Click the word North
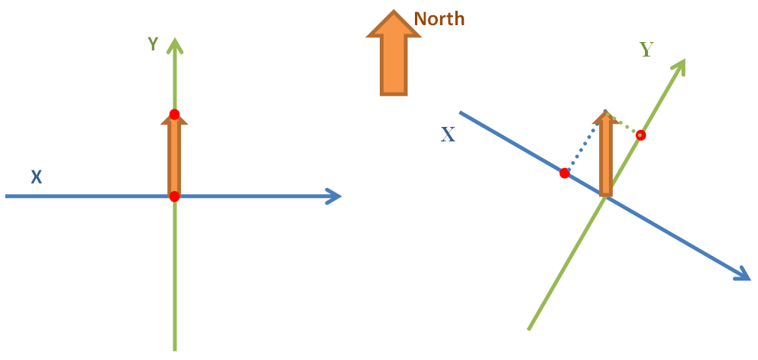(x=439, y=19)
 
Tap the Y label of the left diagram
(x=154, y=44)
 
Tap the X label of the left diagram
(x=36, y=177)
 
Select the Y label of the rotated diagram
(x=646, y=50)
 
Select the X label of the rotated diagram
(x=448, y=135)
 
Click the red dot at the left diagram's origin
(x=174, y=196)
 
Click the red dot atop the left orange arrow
(x=174, y=115)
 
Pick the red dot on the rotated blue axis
(x=564, y=174)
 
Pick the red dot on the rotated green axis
(x=640, y=135)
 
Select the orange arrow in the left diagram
(x=174, y=155)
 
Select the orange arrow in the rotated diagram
(x=606, y=154)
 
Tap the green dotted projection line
(x=624, y=123)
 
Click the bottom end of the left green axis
(x=174, y=350)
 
